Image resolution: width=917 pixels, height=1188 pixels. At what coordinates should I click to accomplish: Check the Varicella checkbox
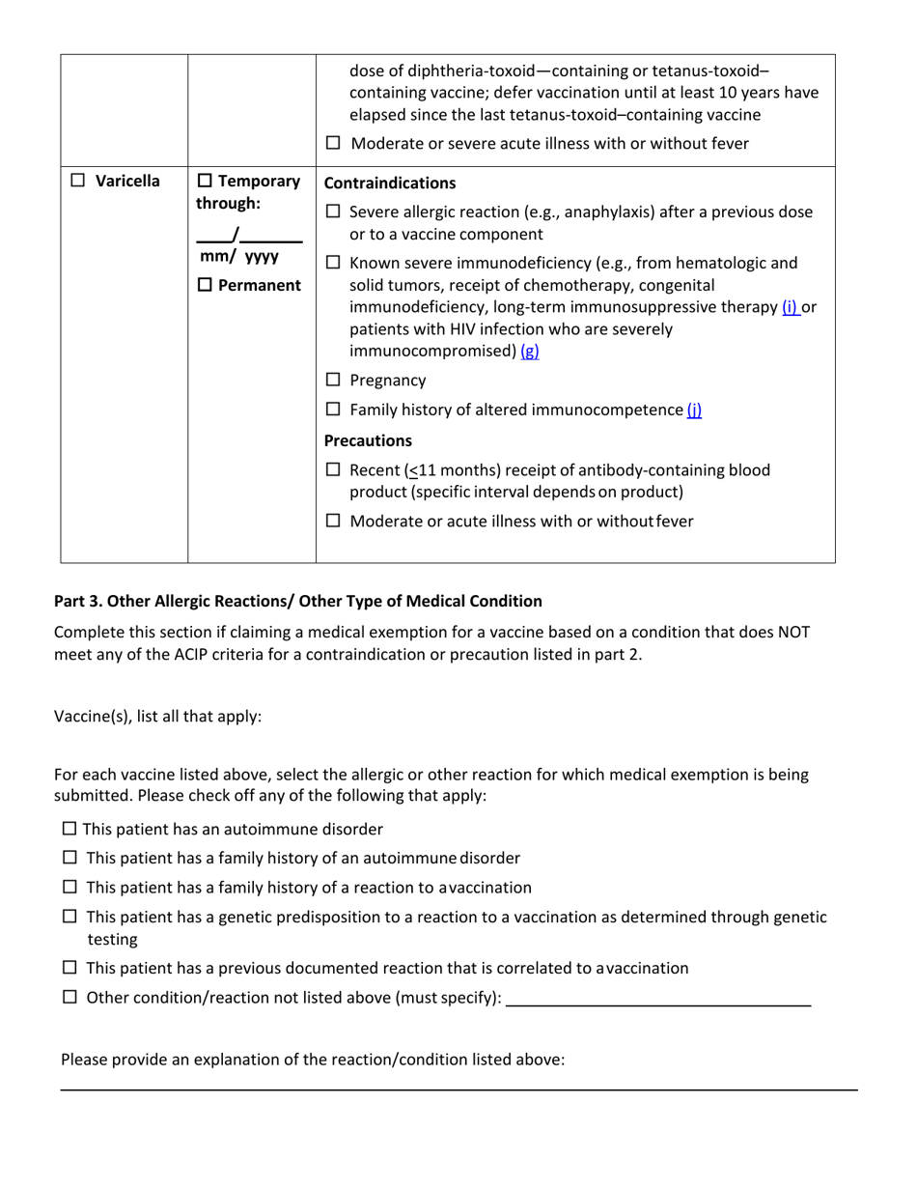click(80, 182)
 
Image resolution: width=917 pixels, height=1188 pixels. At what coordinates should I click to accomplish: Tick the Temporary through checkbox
click(206, 182)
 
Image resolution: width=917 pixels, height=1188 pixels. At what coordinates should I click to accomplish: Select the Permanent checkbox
click(206, 286)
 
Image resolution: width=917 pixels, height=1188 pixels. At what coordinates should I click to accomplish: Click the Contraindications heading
click(390, 183)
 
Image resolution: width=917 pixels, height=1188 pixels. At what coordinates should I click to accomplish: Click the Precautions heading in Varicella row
click(368, 440)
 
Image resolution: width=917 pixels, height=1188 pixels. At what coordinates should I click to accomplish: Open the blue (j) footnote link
click(694, 410)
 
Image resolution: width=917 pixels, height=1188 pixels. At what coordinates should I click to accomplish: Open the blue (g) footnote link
click(529, 352)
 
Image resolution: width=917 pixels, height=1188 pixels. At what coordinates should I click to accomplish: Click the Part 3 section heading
click(297, 601)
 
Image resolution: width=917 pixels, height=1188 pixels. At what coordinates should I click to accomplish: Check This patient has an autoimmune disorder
click(69, 829)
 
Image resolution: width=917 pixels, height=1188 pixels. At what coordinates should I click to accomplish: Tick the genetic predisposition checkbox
click(69, 917)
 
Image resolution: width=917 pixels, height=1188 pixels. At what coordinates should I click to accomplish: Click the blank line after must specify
click(658, 999)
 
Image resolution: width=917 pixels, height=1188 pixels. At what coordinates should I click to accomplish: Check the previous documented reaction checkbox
click(69, 968)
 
